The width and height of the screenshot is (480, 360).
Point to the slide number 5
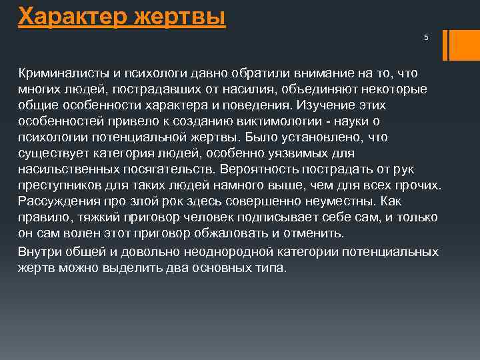[426, 37]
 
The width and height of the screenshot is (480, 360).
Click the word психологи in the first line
[151, 71]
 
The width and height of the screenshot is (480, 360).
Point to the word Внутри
[39, 252]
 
